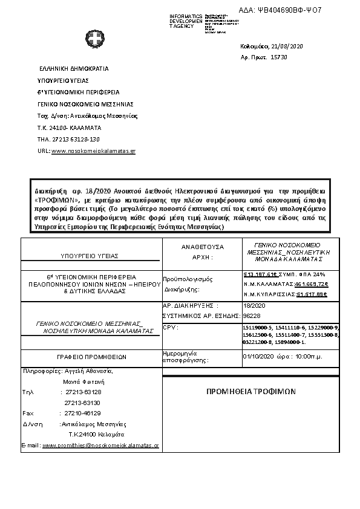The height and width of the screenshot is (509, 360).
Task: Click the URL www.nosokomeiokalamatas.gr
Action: click(94, 151)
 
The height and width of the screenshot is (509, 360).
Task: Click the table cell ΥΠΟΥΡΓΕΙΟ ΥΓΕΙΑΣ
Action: click(90, 256)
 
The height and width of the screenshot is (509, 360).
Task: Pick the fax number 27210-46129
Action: click(83, 413)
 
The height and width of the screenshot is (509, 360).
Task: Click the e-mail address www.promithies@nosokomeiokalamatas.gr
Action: click(100, 445)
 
